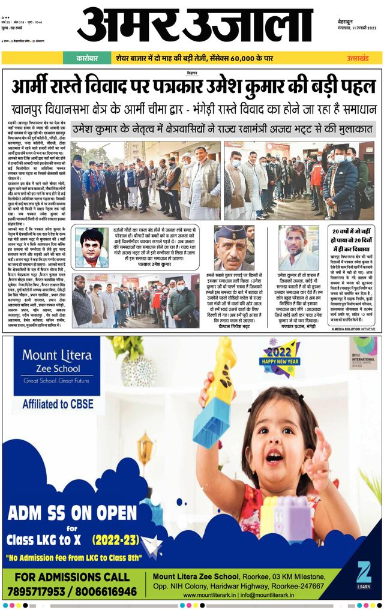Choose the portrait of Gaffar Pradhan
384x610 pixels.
pos(298,247)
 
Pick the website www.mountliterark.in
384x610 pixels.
pos(218,595)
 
